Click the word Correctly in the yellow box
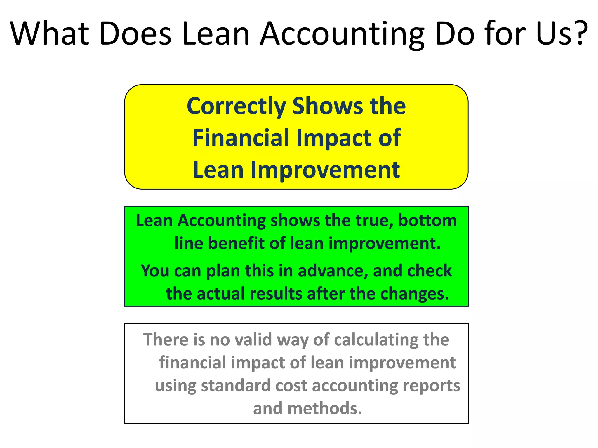[236, 106]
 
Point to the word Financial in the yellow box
[241, 138]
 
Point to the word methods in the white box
[325, 408]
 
